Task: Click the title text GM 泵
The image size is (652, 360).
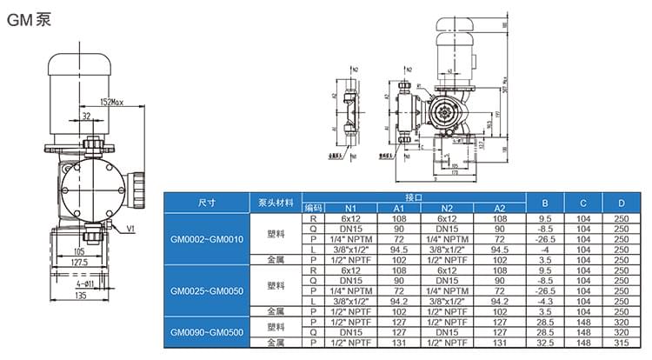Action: (x=30, y=19)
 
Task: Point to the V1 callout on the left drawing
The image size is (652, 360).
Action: (x=131, y=230)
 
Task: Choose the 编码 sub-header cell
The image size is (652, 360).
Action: (x=313, y=208)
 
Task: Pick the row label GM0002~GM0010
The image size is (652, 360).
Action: (x=207, y=238)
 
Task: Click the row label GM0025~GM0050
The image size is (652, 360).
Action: (x=207, y=290)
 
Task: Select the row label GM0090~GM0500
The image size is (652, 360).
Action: (x=207, y=331)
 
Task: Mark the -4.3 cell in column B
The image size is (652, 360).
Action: (x=546, y=300)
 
